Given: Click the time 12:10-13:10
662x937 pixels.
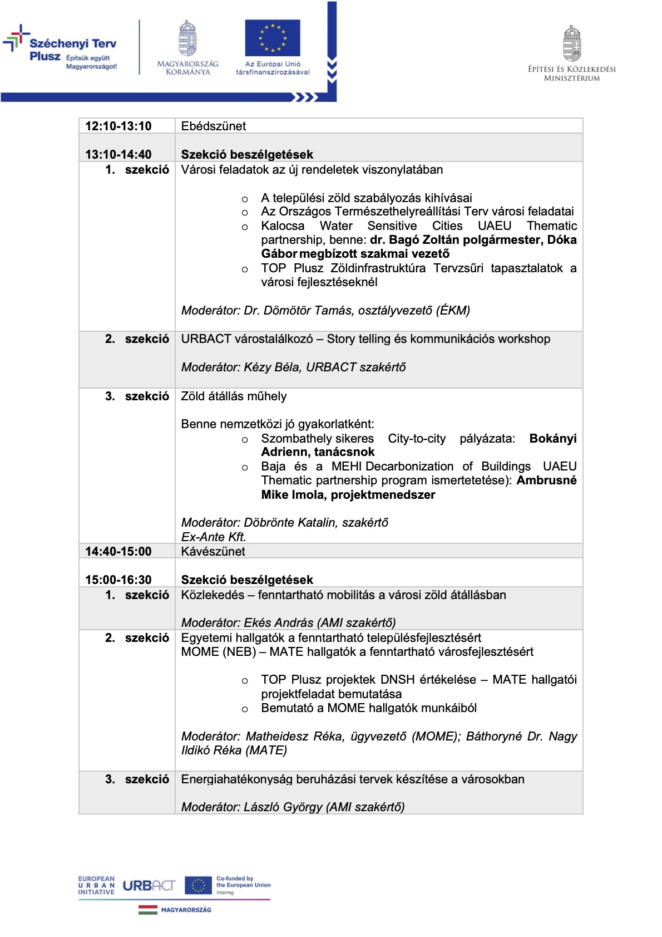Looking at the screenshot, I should click(118, 126).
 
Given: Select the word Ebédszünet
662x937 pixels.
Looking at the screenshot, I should click(213, 126).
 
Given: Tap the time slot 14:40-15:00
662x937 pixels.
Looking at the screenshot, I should click(118, 552).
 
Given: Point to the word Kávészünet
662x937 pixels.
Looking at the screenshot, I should click(213, 552).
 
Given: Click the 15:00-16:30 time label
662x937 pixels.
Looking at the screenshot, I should click(118, 580).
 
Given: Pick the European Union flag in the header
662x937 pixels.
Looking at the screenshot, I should click(272, 38).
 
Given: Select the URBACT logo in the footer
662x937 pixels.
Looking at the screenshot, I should click(149, 885).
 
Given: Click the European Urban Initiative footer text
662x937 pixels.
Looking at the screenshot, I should click(96, 885).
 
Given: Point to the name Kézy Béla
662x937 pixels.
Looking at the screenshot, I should click(271, 367).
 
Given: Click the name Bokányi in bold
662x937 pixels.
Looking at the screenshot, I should click(552, 439).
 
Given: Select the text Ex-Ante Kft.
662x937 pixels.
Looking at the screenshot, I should click(214, 537).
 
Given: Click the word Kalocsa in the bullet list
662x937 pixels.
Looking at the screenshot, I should click(283, 226).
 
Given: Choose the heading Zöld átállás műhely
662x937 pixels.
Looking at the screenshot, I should click(234, 396).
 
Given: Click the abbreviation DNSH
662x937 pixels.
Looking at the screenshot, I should click(397, 680).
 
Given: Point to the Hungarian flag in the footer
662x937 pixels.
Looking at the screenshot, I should click(148, 910).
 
